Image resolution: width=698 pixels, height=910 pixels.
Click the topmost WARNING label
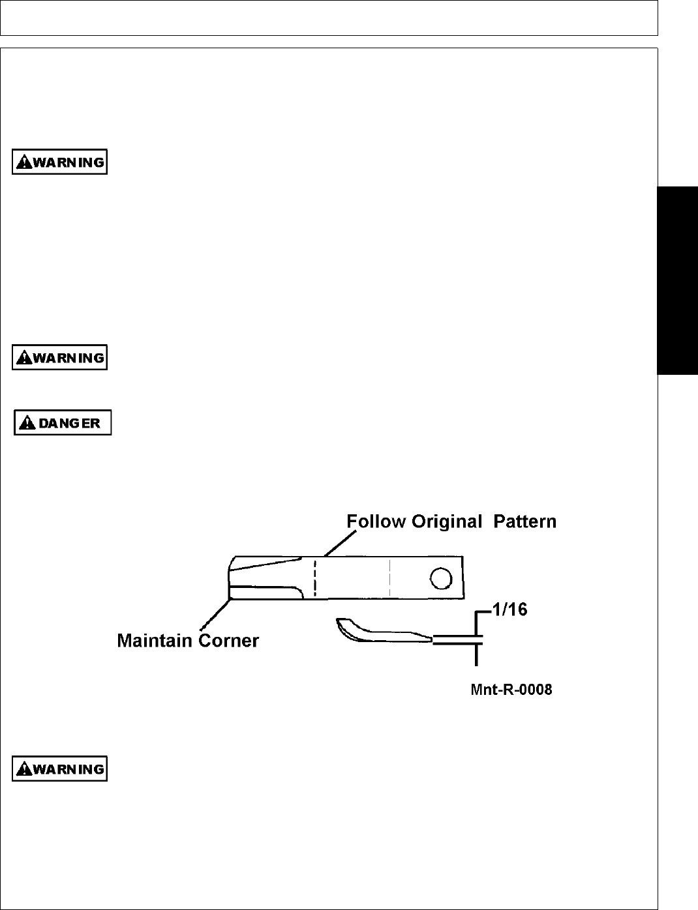[59, 162]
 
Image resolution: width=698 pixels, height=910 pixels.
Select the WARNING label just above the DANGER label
[59, 358]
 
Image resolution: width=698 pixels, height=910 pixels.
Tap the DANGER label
[63, 422]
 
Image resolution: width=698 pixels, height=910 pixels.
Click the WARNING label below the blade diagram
[59, 769]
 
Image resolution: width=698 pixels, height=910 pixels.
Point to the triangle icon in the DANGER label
[27, 423]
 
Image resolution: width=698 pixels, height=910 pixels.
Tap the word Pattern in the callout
[525, 522]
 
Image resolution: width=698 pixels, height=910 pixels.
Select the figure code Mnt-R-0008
[511, 690]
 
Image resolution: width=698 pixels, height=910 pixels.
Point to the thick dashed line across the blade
[314, 578]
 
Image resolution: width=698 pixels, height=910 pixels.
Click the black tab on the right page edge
[678, 280]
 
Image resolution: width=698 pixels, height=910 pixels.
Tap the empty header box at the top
[329, 18]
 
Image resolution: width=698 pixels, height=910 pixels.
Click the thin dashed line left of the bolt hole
[390, 578]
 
